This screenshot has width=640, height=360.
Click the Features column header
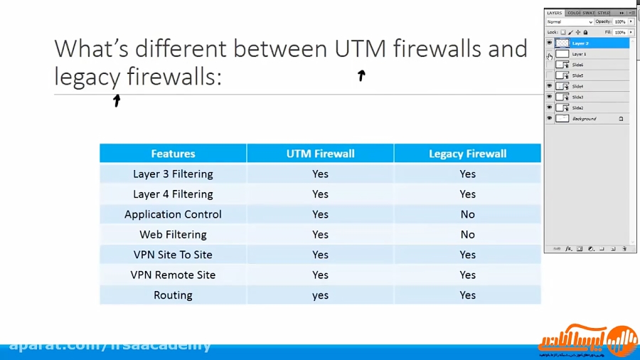[x=173, y=154]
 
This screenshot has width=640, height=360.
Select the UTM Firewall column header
[x=320, y=154]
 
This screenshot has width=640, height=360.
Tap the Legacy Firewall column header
[x=467, y=154]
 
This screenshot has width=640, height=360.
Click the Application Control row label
[x=173, y=214]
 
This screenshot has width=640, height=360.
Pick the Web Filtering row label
[x=173, y=235]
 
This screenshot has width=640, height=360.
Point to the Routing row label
[x=173, y=295]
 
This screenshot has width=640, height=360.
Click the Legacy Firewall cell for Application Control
[x=467, y=214]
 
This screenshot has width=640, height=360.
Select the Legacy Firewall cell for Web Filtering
[x=467, y=235]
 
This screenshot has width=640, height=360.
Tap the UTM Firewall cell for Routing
[x=320, y=295]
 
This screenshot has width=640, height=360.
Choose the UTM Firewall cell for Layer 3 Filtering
[x=320, y=174]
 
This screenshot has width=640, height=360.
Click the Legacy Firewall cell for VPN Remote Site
[x=467, y=275]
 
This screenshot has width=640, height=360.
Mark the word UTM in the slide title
[x=361, y=48]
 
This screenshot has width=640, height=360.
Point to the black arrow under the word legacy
[x=117, y=100]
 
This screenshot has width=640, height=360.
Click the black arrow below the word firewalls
[x=361, y=75]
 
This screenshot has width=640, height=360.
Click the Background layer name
[x=585, y=119]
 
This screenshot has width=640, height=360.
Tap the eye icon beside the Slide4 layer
[x=549, y=86]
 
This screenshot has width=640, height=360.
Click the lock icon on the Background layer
[x=621, y=119]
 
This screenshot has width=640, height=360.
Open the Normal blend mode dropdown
[x=569, y=22]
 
